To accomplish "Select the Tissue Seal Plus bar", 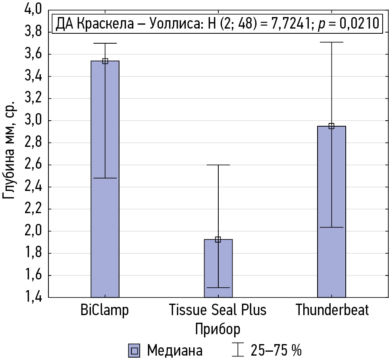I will point(218,270).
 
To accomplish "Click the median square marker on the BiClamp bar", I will point(105,61).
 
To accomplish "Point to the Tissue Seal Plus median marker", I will point(218,239).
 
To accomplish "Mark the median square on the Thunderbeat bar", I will point(331,126).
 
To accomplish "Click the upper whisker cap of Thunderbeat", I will point(331,42).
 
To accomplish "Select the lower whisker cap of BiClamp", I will point(105,178).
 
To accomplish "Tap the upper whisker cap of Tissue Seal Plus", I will point(218,165).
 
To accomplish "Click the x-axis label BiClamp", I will point(105,310).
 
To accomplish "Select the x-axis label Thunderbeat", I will point(332,310).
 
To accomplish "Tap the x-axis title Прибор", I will point(218,329).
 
